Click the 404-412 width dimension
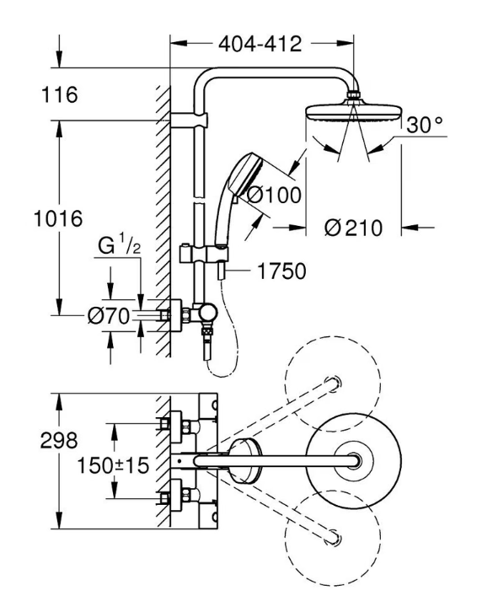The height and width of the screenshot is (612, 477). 260,44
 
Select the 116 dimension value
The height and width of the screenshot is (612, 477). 59,95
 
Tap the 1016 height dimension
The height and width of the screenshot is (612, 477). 58,218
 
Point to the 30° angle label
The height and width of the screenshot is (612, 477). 425,125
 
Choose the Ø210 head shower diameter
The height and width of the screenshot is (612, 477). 353,228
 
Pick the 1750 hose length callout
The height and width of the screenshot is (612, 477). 281,271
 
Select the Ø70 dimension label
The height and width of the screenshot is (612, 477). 108,316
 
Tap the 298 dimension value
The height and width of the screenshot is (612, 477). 59,441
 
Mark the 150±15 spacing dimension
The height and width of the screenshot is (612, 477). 113,465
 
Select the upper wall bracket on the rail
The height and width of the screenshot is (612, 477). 190,121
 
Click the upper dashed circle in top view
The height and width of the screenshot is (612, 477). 333,384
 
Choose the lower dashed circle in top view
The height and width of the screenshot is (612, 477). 333,538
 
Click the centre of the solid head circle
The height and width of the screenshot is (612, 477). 354,461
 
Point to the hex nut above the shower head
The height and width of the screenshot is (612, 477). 355,95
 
